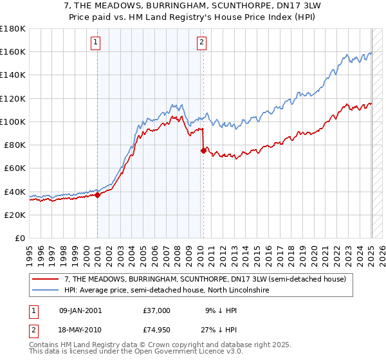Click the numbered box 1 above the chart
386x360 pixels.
coord(95,43)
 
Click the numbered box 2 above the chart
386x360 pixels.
coord(201,43)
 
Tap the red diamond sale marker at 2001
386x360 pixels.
coord(97,195)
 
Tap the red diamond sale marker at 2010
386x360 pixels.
coord(203,150)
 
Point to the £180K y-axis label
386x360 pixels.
coord(13,29)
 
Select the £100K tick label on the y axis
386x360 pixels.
coord(13,122)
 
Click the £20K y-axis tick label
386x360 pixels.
coord(15,215)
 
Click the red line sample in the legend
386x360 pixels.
coord(46,280)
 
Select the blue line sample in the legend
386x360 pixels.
coord(46,291)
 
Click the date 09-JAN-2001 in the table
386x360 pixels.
coord(80,310)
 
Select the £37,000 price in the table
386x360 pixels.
coord(157,310)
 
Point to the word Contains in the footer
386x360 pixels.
coord(46,345)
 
